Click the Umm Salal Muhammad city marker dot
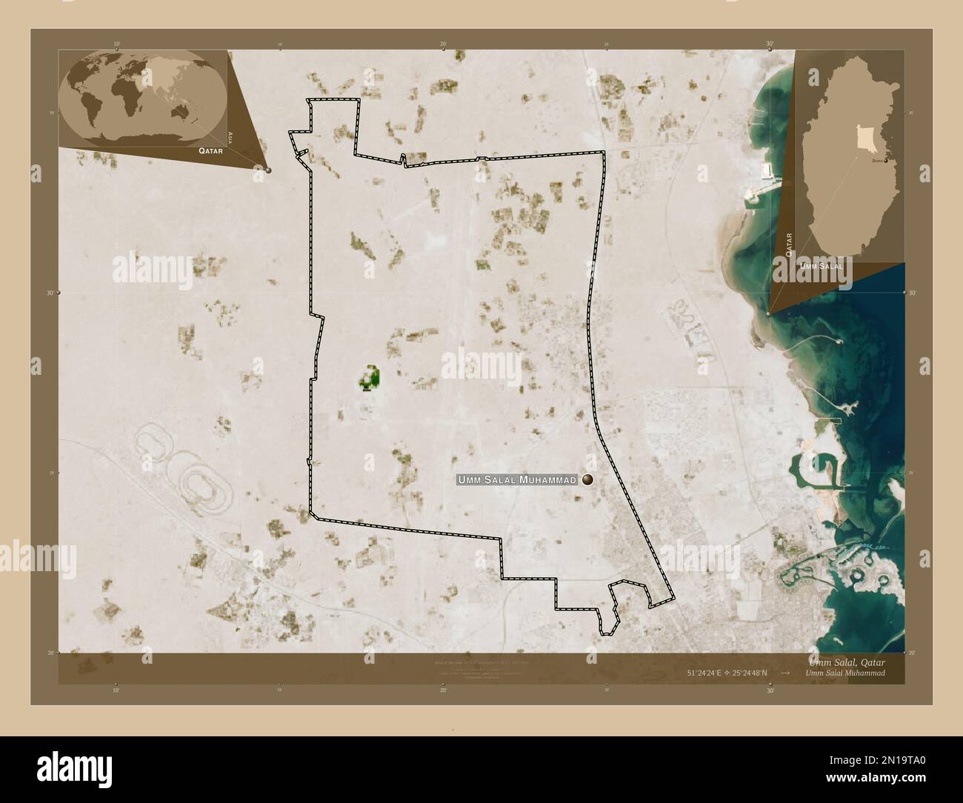pyautogui.click(x=588, y=480)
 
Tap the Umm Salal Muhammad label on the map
pyautogui.click(x=517, y=480)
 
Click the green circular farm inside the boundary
pyautogui.click(x=369, y=378)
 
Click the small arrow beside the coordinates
pyautogui.click(x=785, y=673)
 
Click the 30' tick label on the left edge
pyautogui.click(x=49, y=293)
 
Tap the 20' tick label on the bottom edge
pyautogui.click(x=443, y=690)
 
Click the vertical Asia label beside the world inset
pyautogui.click(x=231, y=136)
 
